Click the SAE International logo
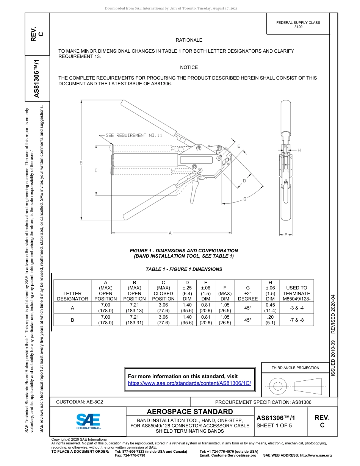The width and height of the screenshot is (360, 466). [88, 421]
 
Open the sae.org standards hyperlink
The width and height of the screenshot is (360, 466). [189, 383]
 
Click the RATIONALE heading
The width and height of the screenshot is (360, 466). [189, 40]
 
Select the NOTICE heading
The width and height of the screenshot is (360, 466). [189, 67]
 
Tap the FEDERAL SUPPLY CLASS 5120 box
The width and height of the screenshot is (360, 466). [298, 25]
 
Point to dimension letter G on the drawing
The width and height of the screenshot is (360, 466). [245, 199]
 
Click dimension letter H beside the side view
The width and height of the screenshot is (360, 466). [299, 150]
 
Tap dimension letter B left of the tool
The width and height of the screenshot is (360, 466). [81, 163]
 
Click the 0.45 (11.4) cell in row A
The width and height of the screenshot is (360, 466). [270, 308]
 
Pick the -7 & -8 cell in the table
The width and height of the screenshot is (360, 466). [296, 320]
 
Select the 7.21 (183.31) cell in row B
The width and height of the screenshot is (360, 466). [134, 320]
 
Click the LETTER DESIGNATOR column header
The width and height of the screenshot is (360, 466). [72, 296]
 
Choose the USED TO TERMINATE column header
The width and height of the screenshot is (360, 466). [296, 293]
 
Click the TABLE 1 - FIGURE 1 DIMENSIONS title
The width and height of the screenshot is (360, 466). [184, 269]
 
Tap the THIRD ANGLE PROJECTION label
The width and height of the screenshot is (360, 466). [295, 367]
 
